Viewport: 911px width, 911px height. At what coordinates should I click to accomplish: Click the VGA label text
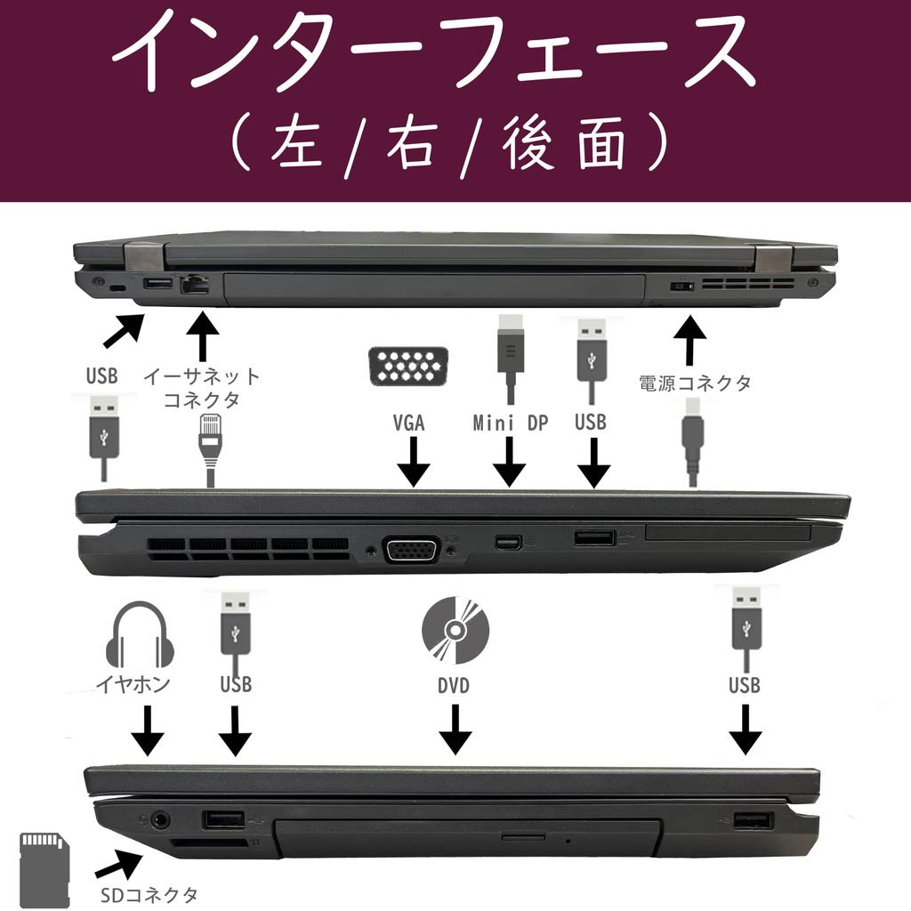(409, 423)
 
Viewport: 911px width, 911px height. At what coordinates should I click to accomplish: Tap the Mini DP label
(510, 423)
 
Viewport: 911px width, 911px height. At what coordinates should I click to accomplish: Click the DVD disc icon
(455, 631)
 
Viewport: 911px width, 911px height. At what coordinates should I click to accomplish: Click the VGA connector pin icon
(408, 365)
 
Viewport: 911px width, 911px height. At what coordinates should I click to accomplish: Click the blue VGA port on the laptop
(410, 550)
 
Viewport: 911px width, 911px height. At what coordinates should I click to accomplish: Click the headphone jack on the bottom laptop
(161, 818)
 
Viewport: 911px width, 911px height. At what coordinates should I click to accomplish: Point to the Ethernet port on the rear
(194, 285)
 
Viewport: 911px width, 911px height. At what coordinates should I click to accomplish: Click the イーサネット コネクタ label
(202, 388)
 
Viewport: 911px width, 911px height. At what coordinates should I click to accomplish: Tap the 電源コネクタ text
(695, 383)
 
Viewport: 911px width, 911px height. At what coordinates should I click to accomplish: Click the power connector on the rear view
(681, 287)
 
